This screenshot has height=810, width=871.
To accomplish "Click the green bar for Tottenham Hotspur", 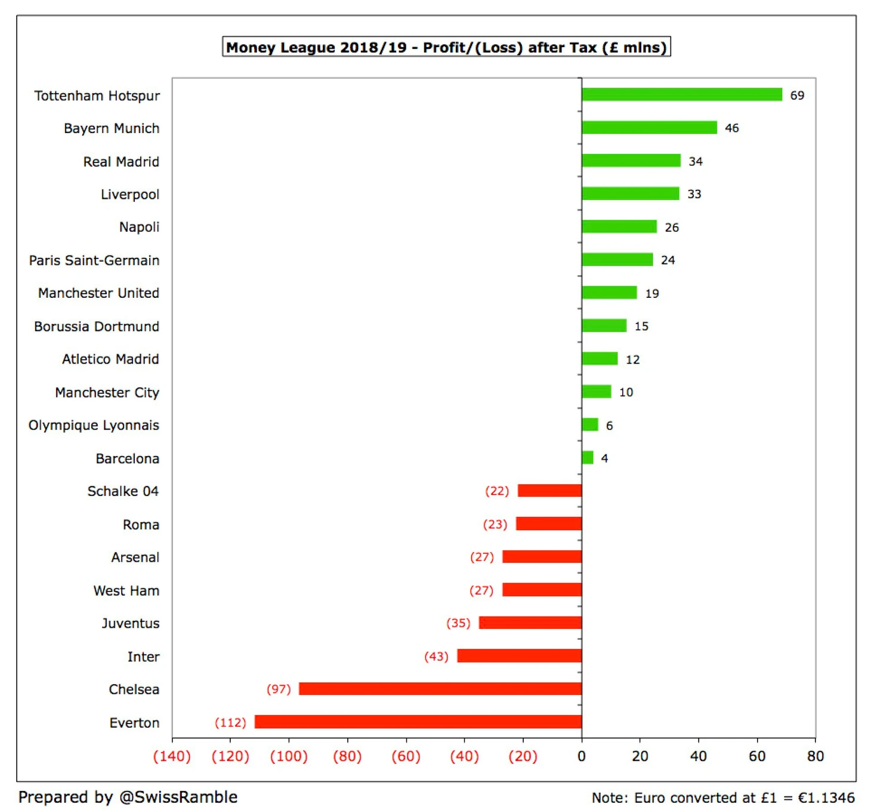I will (681, 94).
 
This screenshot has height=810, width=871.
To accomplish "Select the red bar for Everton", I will (418, 722).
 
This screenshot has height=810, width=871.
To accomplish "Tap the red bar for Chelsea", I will (440, 689).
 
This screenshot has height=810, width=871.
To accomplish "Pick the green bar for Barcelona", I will (587, 458).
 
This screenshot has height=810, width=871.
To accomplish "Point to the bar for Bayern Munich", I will (649, 128).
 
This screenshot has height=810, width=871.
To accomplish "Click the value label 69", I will (797, 96).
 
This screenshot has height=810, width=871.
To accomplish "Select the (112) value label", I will (230, 723).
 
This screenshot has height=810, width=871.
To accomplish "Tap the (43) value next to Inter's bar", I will (436, 657).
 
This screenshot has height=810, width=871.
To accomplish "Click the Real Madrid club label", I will (121, 162).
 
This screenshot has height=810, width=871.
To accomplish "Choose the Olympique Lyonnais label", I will (94, 426).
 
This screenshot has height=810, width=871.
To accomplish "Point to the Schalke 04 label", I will (123, 491).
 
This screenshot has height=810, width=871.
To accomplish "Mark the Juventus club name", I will (131, 623).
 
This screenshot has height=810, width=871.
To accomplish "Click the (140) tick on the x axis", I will (172, 756).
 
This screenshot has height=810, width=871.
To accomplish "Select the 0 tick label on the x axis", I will (582, 756).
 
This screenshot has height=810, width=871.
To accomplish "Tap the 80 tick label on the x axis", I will (816, 756).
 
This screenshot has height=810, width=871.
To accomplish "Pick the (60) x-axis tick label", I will (406, 756).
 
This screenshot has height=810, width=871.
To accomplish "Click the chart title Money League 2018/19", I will (446, 47).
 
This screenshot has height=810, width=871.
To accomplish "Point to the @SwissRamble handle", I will (178, 797).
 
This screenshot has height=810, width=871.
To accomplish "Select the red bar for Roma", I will (549, 524).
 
